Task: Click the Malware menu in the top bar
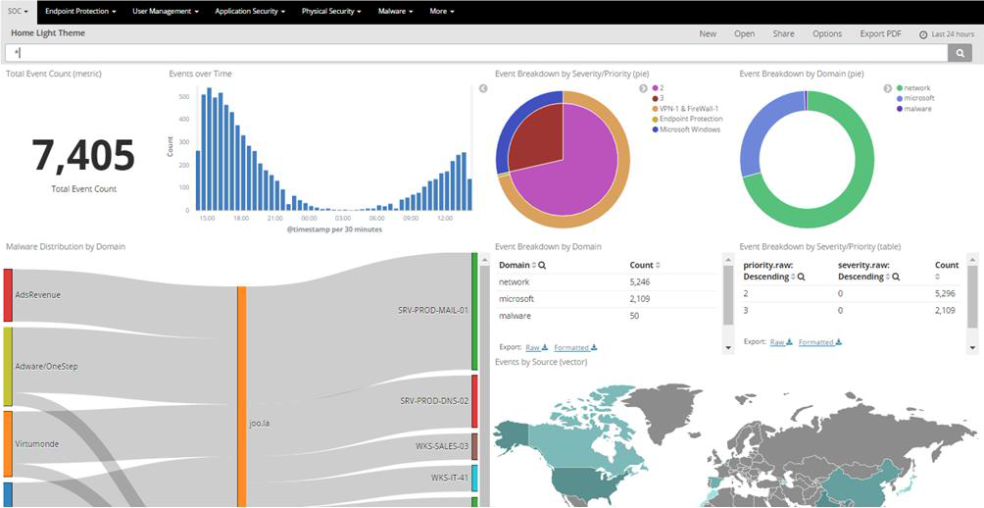click(395, 12)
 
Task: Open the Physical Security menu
click(331, 12)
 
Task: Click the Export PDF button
click(880, 33)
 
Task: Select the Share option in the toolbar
click(783, 33)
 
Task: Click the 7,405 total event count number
click(83, 156)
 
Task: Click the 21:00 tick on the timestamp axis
click(274, 218)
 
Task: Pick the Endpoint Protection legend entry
click(692, 119)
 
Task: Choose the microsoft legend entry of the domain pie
click(918, 98)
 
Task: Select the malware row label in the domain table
click(516, 315)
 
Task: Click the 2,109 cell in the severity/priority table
click(946, 310)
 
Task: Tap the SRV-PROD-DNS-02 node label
click(433, 401)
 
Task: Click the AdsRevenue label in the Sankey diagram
click(38, 294)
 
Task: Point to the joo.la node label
click(260, 424)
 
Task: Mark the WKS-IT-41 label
click(449, 478)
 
